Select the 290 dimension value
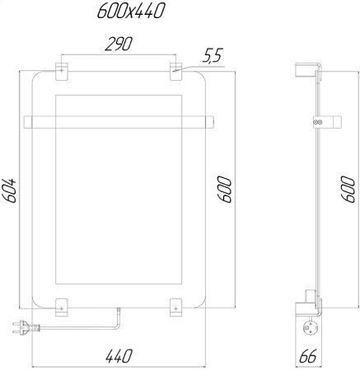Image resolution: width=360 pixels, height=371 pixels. [119, 45]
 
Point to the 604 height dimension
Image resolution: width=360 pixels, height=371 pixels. [10, 195]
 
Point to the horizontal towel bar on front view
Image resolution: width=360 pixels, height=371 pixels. [119, 123]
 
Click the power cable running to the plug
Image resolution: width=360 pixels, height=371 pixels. [82, 328]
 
